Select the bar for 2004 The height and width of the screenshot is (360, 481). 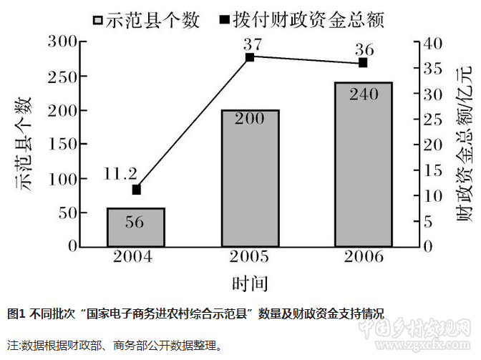(x=136, y=228)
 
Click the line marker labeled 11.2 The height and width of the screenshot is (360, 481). (x=136, y=190)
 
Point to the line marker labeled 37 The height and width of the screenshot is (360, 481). (x=250, y=57)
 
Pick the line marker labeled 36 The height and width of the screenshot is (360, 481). (x=363, y=63)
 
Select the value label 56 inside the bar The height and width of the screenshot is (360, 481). (x=135, y=222)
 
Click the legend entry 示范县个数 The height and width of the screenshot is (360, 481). (x=146, y=20)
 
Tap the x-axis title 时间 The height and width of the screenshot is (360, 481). (x=250, y=283)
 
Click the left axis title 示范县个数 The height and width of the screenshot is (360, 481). (x=26, y=143)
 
